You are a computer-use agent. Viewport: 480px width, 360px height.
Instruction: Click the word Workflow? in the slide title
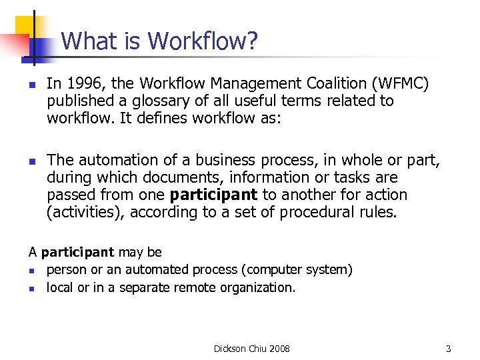pyautogui.click(x=203, y=42)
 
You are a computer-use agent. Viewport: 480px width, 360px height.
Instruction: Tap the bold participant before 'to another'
pyautogui.click(x=213, y=195)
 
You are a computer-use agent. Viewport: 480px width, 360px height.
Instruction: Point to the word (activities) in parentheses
pyautogui.click(x=85, y=213)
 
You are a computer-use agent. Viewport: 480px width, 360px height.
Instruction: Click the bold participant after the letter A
pyautogui.click(x=77, y=253)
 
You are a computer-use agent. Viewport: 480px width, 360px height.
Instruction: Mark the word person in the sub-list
pyautogui.click(x=65, y=270)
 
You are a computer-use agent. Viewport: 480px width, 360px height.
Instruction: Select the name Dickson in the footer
pyautogui.click(x=229, y=349)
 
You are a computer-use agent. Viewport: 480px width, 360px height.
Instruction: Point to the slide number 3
pyautogui.click(x=449, y=349)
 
